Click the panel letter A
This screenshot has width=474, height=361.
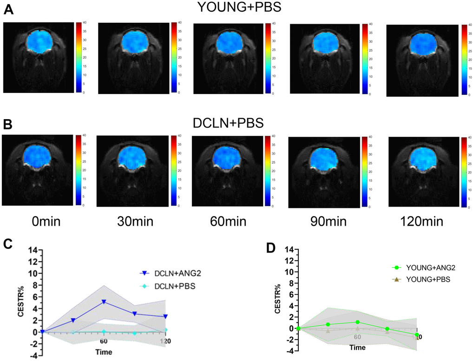click(x=8, y=10)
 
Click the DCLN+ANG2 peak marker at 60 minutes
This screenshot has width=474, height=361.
click(x=104, y=302)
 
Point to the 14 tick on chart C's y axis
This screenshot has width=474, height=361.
click(x=33, y=249)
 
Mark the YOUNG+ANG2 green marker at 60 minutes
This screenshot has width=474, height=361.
click(x=357, y=322)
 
